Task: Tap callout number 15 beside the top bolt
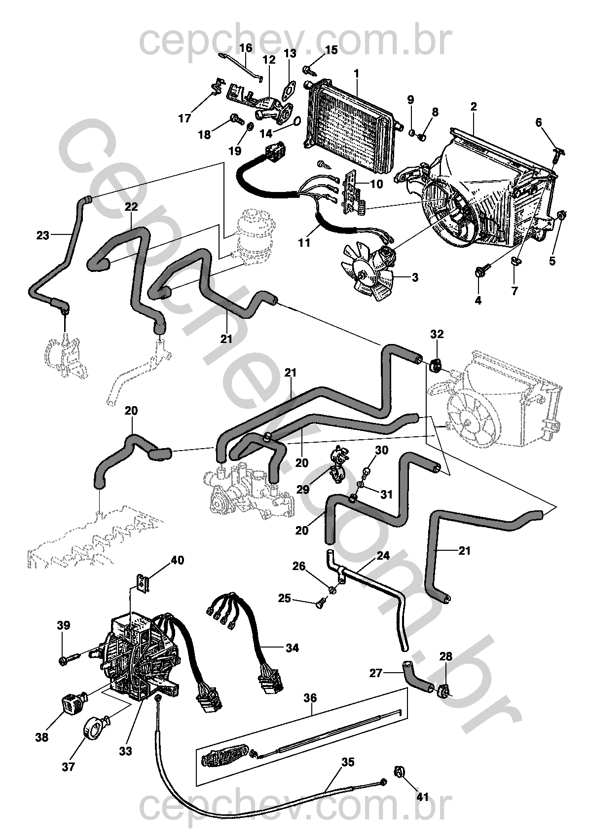coord(331,50)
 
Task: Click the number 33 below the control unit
coord(125,751)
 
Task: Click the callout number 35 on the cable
coord(347,763)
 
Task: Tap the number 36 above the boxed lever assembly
coord(310,698)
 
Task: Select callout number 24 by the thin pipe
coord(383,556)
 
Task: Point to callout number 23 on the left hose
coord(43,235)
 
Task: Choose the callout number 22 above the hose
coord(131,207)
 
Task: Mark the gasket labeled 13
coord(289,91)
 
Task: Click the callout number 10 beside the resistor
coord(376,184)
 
